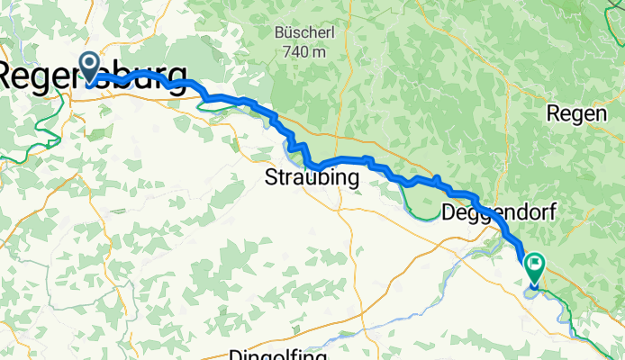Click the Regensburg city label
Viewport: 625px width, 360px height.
tap(94, 76)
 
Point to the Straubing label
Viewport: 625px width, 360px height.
tap(312, 178)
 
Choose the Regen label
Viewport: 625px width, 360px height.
tap(574, 114)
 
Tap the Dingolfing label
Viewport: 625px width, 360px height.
tap(284, 354)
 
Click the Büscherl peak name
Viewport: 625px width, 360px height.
tap(302, 34)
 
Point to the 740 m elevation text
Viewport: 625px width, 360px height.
tap(302, 52)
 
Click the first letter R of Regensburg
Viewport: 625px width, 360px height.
tap(12, 76)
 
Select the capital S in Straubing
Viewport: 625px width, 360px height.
tap(271, 178)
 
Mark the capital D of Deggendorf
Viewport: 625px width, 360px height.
tap(449, 212)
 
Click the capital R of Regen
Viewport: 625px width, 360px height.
tap(552, 114)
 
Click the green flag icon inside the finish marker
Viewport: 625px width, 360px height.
tap(535, 264)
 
